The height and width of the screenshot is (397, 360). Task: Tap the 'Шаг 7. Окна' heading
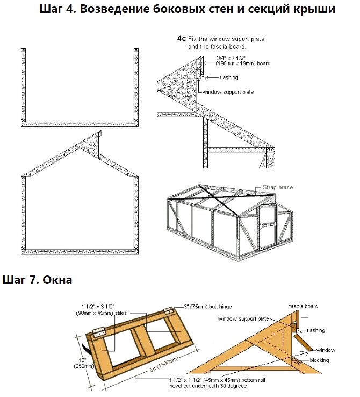(37, 280)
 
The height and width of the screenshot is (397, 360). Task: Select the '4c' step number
(182, 39)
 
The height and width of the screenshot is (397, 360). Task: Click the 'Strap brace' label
(278, 187)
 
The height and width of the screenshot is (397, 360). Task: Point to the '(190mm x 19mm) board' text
(243, 63)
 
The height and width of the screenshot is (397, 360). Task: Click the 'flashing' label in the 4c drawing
(229, 77)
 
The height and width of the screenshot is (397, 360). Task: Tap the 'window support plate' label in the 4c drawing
(228, 92)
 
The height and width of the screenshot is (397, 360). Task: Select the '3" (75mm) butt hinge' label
(208, 307)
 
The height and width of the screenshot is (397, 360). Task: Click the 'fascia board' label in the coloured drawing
(304, 306)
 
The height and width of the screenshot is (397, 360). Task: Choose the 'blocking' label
(320, 360)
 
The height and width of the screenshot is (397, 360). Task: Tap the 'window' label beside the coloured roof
(326, 350)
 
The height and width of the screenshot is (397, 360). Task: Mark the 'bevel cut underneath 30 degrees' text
(208, 386)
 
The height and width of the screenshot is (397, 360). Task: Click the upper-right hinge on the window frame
(168, 311)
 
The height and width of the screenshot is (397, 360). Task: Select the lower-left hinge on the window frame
(99, 332)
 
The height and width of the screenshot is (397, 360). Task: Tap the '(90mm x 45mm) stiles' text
(102, 313)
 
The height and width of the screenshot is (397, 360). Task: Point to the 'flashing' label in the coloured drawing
(316, 330)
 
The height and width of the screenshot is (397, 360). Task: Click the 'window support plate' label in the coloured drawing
(243, 319)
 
